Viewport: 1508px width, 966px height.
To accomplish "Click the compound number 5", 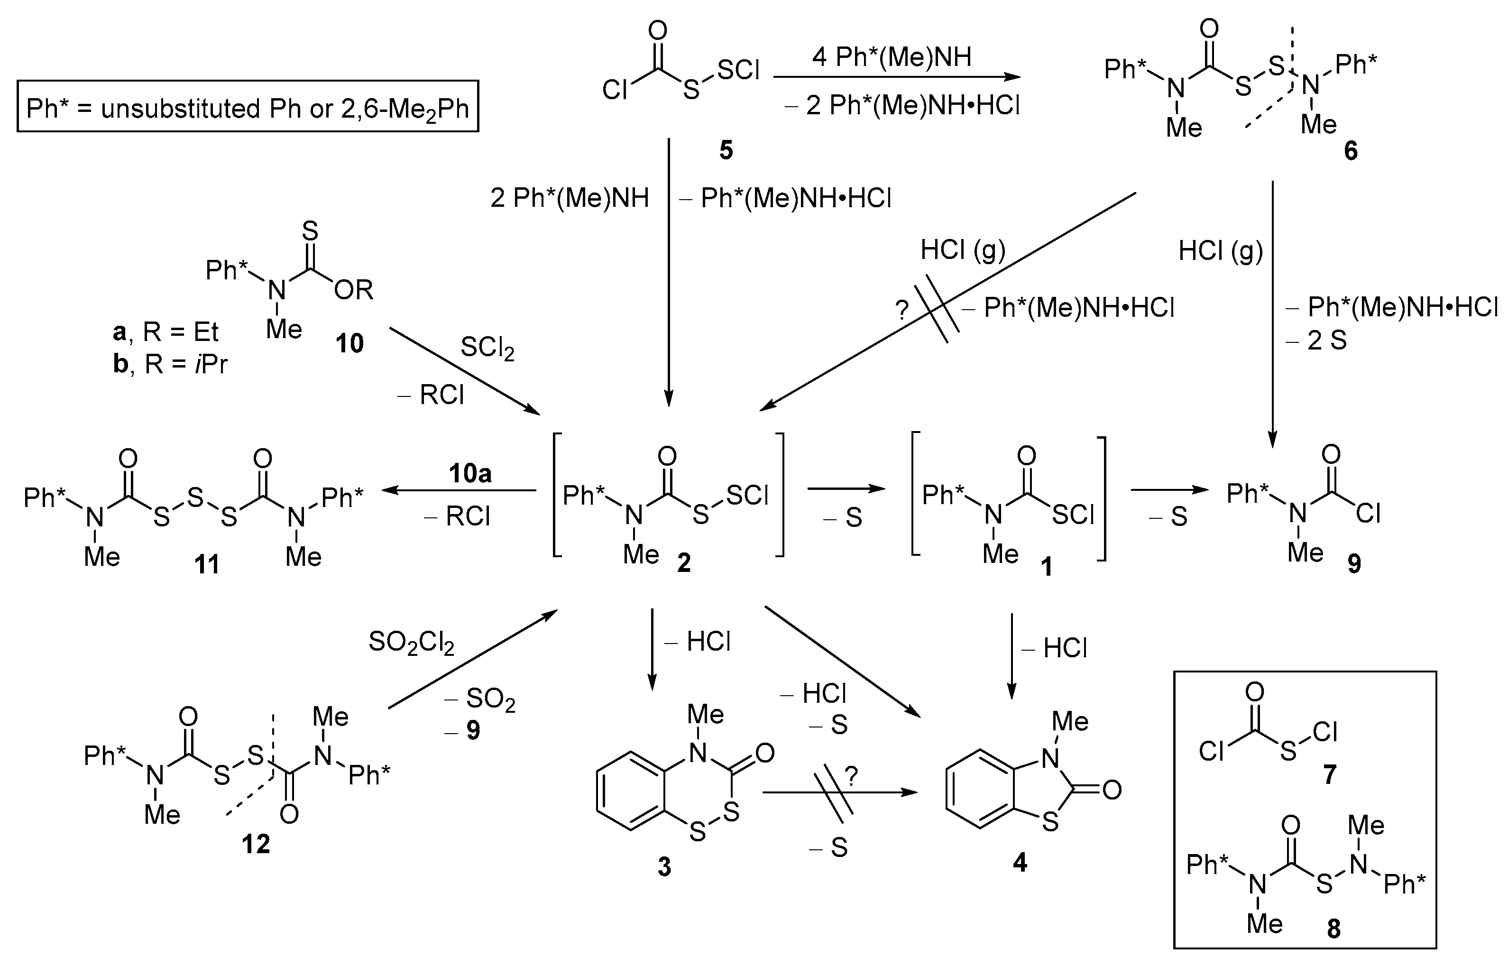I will [726, 150].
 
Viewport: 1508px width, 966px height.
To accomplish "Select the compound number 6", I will [1351, 151].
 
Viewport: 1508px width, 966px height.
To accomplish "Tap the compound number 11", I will [207, 564].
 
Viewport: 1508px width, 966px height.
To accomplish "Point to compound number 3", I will [664, 866].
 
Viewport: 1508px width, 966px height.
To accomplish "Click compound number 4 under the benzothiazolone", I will [1020, 863].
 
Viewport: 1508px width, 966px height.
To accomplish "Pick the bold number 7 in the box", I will [1330, 775].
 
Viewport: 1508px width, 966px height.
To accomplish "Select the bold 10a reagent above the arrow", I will [470, 474].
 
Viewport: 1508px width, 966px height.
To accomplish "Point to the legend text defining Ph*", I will [248, 109].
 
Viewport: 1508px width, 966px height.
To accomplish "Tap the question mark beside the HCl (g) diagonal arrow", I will [901, 310].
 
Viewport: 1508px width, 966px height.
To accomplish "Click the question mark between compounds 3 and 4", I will [851, 777].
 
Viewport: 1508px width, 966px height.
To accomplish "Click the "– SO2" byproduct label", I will [480, 699].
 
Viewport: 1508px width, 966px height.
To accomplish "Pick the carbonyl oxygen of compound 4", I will [1112, 790].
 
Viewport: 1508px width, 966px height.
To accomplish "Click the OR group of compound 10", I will [354, 290].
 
